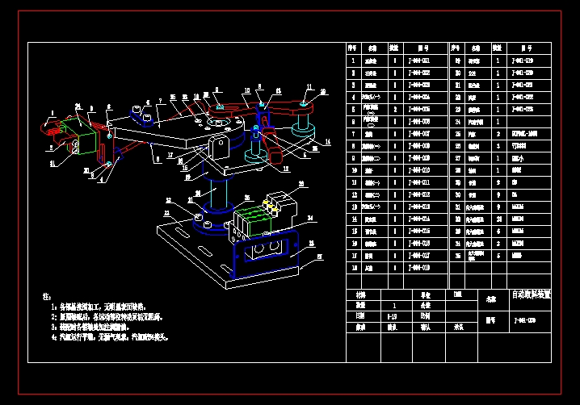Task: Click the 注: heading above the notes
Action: (46, 296)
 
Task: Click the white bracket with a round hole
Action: (218, 146)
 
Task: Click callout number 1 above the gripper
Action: (53, 112)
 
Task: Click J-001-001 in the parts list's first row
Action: (418, 61)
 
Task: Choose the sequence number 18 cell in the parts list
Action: (353, 267)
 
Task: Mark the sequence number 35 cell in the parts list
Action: (456, 255)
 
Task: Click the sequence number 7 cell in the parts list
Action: (353, 133)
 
